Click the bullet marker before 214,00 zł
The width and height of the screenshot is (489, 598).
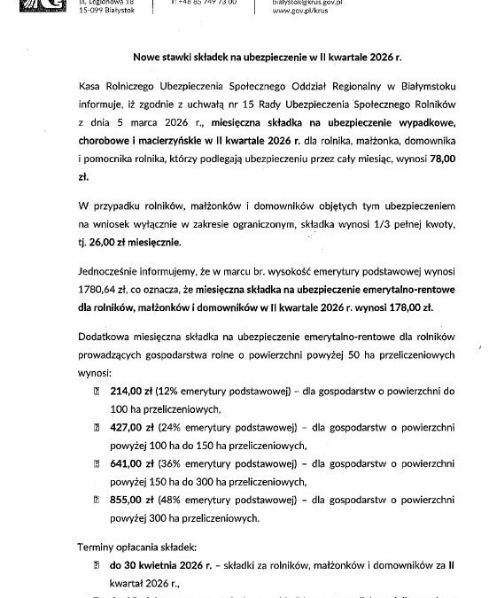[97, 390]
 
